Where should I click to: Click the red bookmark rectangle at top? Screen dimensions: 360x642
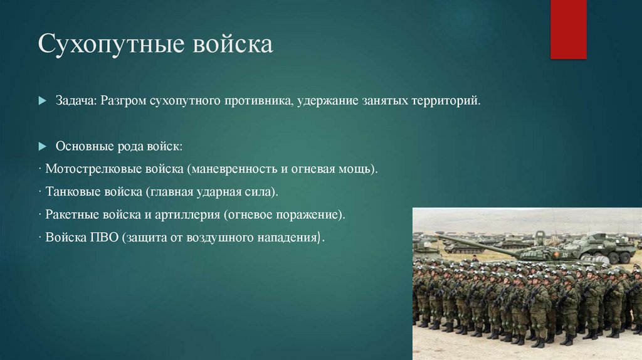click(x=568, y=29)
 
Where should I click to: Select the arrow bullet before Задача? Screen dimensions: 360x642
click(x=42, y=101)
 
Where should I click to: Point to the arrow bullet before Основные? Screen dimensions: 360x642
click(x=42, y=146)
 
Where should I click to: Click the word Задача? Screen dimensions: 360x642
click(x=73, y=101)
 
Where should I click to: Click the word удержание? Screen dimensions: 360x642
click(x=327, y=101)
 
